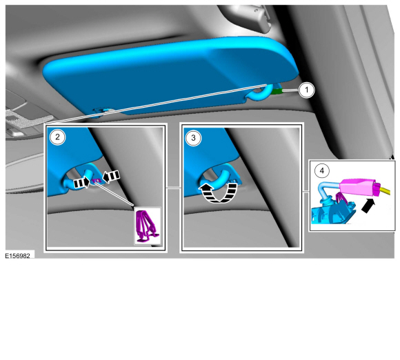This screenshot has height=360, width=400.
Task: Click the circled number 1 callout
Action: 307,90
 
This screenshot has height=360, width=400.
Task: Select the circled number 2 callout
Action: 57,137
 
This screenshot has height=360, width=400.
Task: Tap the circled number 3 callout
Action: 193,138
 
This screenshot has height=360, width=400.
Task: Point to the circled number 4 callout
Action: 322,170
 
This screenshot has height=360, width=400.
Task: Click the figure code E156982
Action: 18,256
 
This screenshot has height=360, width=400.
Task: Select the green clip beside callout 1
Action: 277,90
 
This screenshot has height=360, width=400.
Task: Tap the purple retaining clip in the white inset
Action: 147,226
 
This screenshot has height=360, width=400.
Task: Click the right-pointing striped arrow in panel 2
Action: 81,183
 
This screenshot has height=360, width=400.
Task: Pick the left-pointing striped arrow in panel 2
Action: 111,176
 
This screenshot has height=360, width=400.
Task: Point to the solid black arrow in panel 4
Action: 368,206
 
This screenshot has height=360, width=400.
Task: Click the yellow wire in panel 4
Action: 386,190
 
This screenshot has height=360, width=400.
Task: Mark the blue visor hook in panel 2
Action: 77,179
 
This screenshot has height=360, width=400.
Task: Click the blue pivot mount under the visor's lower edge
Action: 102,112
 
